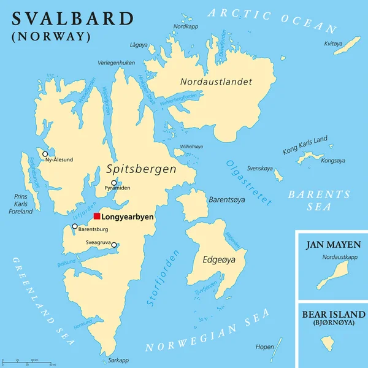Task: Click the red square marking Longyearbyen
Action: [x=97, y=216]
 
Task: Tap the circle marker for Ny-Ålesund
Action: [x=45, y=153]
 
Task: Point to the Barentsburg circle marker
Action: [x=75, y=226]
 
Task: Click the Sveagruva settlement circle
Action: [x=114, y=246]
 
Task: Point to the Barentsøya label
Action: [x=228, y=199]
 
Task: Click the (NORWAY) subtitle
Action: [x=51, y=36]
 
